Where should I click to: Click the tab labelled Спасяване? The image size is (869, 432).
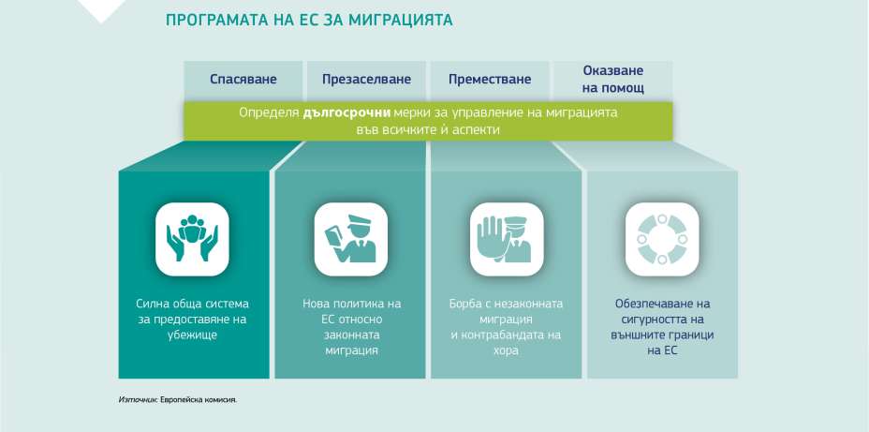[243, 80]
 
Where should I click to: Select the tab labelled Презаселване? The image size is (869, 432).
[366, 80]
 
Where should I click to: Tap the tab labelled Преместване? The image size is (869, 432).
[490, 80]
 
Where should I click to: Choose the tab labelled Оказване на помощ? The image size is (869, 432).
[612, 79]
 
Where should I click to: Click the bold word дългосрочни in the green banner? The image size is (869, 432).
[339, 112]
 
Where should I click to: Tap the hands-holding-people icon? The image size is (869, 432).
[192, 239]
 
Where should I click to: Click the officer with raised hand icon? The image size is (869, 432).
[507, 239]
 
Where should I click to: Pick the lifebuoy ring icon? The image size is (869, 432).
[662, 239]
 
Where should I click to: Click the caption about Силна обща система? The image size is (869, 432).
[192, 319]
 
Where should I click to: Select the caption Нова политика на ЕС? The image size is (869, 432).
[351, 326]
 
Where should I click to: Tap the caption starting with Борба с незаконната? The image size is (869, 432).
[507, 326]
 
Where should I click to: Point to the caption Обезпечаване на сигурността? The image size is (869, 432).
[662, 326]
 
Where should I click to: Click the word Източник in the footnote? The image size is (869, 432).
[138, 398]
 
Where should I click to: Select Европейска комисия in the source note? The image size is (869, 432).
[199, 398]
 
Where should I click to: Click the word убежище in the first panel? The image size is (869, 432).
[192, 335]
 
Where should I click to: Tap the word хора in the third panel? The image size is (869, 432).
[507, 350]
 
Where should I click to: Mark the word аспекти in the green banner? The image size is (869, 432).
[478, 129]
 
